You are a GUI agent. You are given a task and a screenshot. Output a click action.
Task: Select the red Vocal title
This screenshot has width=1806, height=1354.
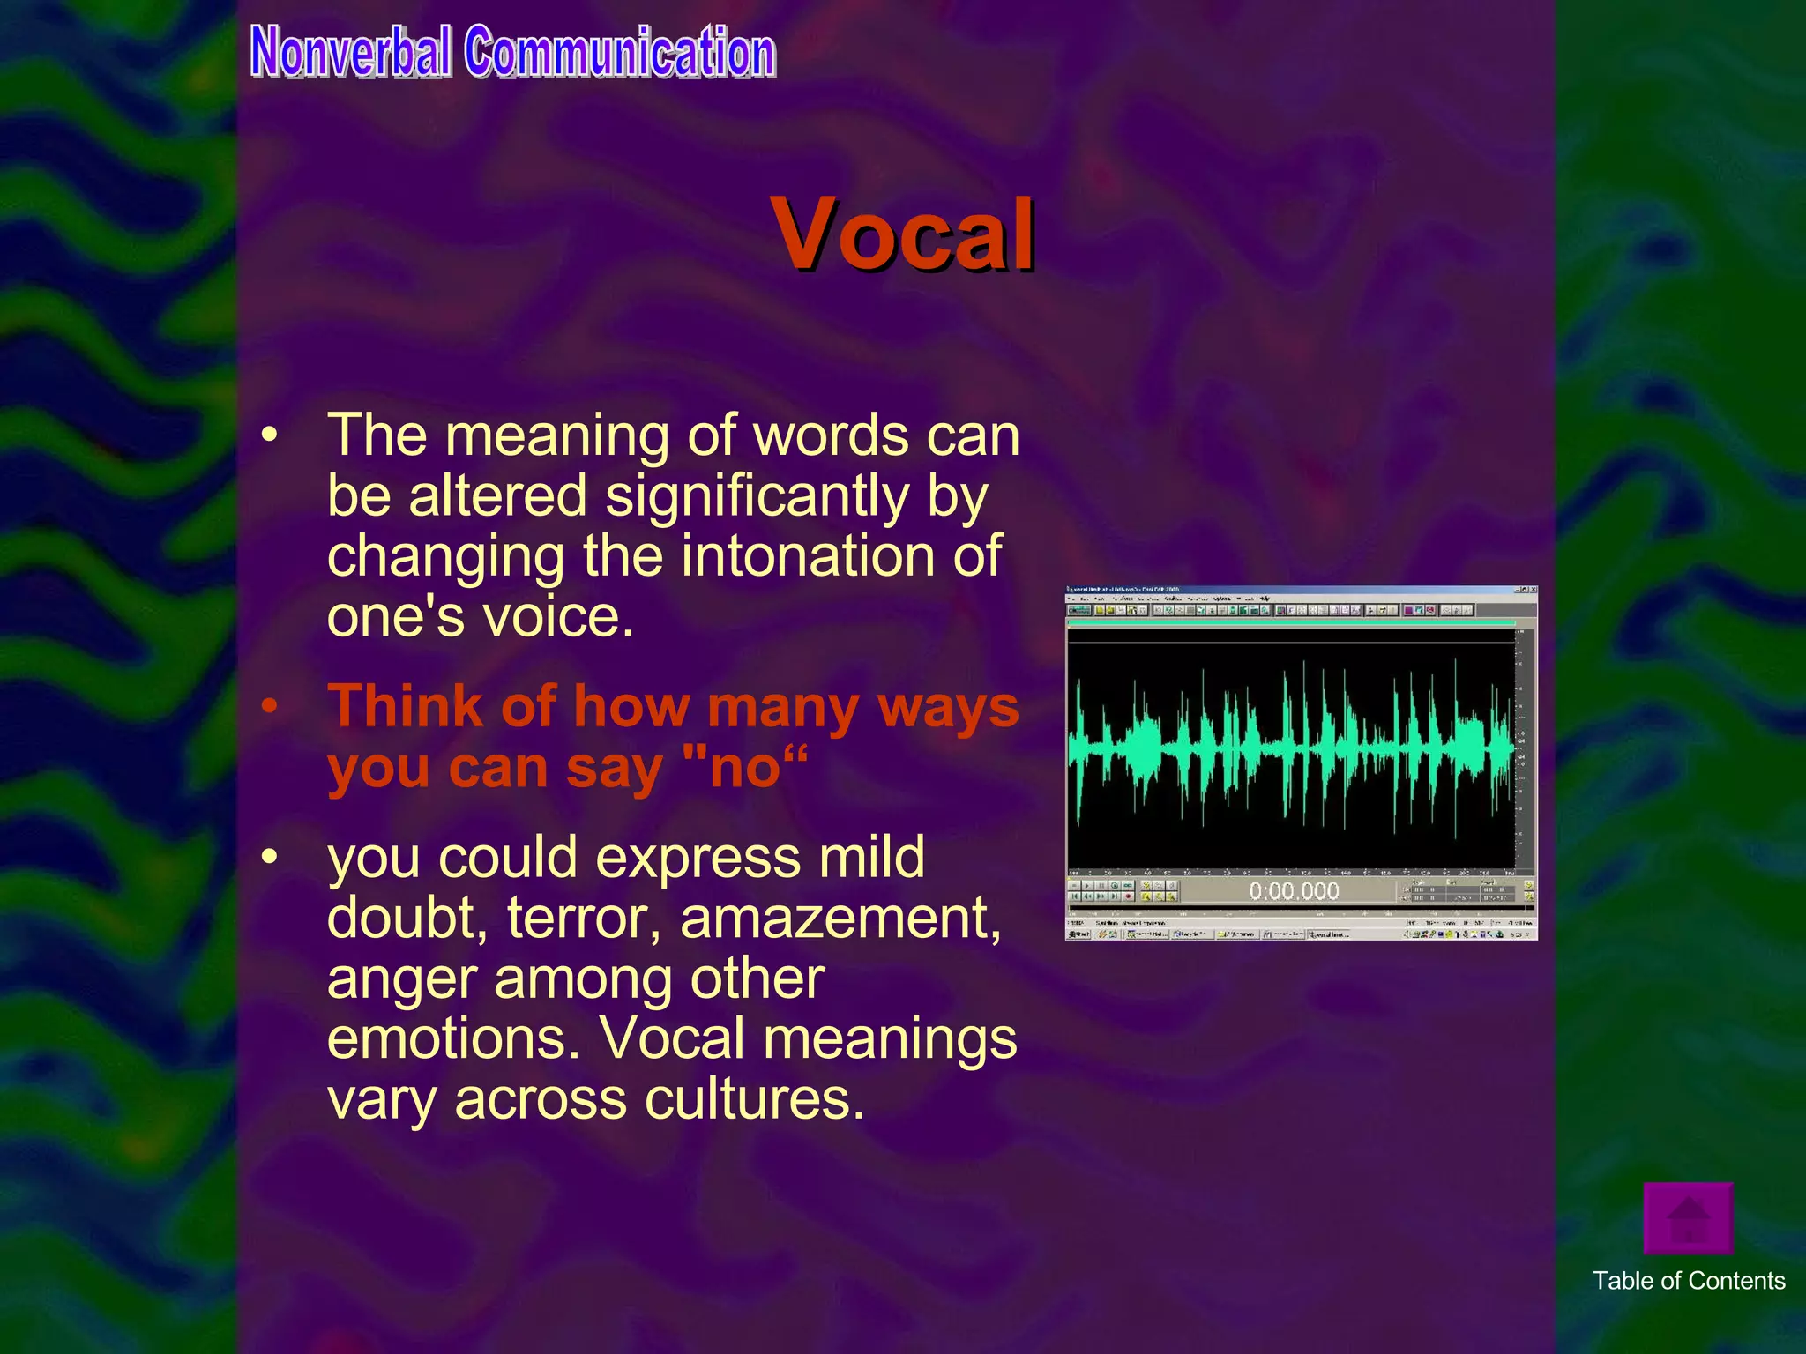[x=903, y=234]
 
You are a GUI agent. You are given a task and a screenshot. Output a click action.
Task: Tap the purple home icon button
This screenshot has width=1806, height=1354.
[x=1688, y=1218]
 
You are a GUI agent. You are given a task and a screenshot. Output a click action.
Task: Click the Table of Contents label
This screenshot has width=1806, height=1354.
[x=1688, y=1281]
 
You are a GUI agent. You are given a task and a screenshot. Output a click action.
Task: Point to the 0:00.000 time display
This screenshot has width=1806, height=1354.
[x=1294, y=891]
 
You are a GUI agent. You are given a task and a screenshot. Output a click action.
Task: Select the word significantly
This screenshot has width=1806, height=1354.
[x=757, y=495]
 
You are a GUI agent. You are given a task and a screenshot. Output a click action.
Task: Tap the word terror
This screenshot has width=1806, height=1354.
[x=584, y=919]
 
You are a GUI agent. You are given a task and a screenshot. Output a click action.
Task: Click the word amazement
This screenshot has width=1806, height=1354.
[x=840, y=919]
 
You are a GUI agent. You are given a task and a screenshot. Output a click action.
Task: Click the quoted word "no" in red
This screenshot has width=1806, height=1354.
[x=745, y=767]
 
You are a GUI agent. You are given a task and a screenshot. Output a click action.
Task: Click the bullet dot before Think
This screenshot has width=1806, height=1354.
[x=270, y=707]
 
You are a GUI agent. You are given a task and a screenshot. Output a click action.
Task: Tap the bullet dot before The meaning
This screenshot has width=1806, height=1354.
[x=270, y=435]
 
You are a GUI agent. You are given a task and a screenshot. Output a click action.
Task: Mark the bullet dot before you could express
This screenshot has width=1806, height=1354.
[x=270, y=858]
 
